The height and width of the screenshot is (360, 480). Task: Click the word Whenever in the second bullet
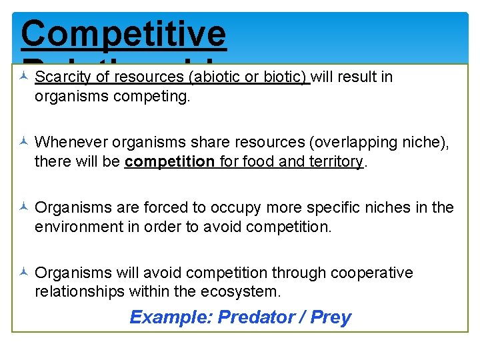click(71, 142)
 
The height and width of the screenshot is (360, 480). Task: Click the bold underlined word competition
click(169, 162)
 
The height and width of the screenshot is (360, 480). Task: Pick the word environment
click(76, 227)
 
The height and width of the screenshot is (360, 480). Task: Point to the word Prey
click(331, 317)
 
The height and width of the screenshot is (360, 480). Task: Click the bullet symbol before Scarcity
click(23, 77)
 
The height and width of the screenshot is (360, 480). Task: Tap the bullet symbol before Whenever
click(23, 142)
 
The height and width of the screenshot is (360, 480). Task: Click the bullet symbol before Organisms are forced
click(23, 207)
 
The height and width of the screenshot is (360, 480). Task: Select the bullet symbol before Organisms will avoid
click(23, 273)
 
